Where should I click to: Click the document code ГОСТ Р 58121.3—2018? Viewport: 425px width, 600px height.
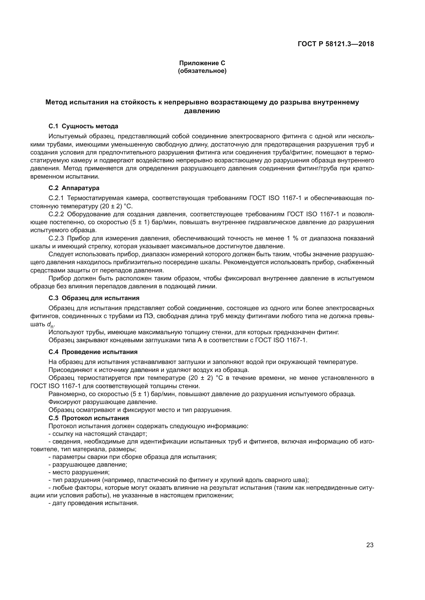pos(336,44)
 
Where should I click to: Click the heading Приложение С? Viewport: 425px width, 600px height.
pos(202,63)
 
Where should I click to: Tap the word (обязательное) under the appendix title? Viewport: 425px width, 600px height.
pos(202,71)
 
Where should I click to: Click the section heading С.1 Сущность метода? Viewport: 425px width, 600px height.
pos(83,126)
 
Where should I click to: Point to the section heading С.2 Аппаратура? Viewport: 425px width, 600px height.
pos(74,188)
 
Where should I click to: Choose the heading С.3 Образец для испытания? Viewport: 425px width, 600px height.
pos(94,298)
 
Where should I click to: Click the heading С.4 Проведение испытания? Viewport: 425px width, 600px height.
pos(93,352)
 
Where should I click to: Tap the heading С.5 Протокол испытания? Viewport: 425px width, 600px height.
pos(88,418)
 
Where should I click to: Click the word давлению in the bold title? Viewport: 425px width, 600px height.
pos(202,111)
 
